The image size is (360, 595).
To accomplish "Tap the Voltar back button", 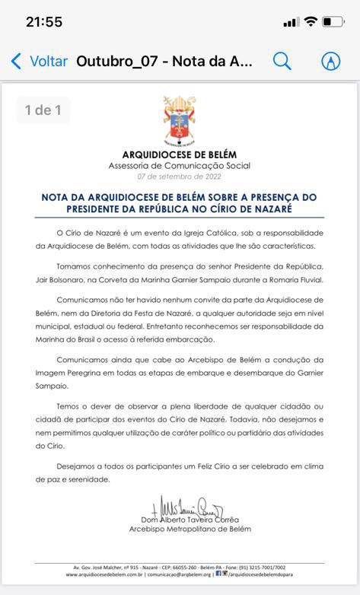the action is click(39, 62).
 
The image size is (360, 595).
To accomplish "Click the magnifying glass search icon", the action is click(282, 62).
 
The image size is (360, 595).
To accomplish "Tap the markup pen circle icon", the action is click(330, 62).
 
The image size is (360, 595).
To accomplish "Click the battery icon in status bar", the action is click(333, 22).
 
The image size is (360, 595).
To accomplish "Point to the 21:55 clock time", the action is click(44, 22).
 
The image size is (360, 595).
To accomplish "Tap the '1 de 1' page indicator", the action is click(43, 110).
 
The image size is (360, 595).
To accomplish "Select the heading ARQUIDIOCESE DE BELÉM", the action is click(180, 154).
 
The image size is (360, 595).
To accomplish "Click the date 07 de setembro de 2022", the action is click(180, 176).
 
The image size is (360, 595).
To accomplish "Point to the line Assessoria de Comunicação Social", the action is click(180, 165).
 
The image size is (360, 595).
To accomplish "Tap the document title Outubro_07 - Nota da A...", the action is click(164, 62).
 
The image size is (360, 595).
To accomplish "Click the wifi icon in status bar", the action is click(311, 22).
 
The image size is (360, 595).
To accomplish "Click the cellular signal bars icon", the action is click(291, 22).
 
